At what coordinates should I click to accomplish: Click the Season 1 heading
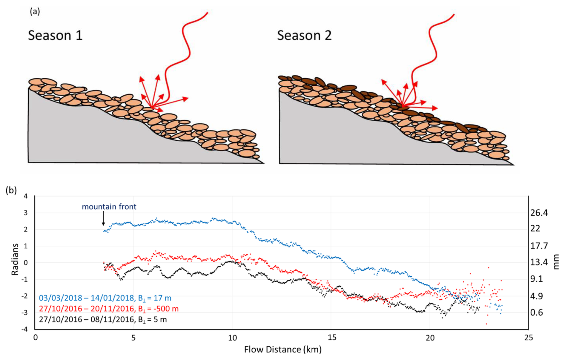[55, 36]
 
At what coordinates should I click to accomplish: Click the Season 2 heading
[304, 36]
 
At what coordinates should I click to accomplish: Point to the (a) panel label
[35, 12]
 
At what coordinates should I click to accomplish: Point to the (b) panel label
[11, 190]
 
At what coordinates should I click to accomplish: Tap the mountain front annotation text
[109, 207]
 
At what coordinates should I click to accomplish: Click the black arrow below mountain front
[103, 218]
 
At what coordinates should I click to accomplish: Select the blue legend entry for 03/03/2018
[105, 298]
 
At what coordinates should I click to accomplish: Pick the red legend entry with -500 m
[109, 309]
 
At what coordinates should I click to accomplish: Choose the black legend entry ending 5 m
[103, 319]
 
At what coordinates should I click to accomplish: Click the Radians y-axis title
[15, 259]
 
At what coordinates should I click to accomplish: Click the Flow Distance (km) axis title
[282, 349]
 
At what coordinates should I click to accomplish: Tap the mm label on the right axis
[556, 262]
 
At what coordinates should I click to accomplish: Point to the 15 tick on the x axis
[331, 338]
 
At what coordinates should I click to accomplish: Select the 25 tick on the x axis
[528, 338]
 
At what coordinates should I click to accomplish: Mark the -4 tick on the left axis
[25, 329]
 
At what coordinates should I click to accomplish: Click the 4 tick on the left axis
[26, 196]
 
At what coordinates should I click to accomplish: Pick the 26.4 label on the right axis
[539, 213]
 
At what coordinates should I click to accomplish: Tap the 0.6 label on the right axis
[537, 312]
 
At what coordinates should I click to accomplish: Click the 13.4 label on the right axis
[539, 262]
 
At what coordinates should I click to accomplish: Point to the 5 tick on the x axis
[133, 338]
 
